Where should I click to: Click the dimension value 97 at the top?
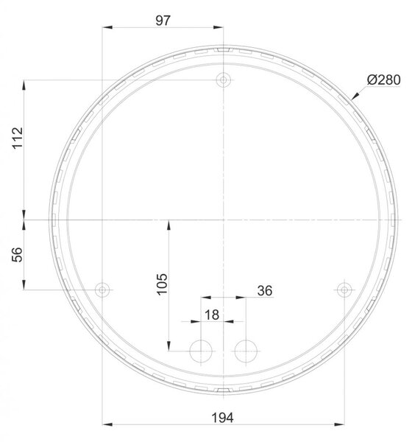pyautogui.click(x=163, y=21)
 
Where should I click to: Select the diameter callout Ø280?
pyautogui.click(x=384, y=80)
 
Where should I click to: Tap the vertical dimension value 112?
pyautogui.click(x=18, y=138)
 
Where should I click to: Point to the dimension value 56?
pyautogui.click(x=17, y=255)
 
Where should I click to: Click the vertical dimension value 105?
pyautogui.click(x=162, y=284)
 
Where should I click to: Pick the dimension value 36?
pyautogui.click(x=265, y=291)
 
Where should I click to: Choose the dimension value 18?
pyautogui.click(x=212, y=315)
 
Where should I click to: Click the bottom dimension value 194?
pyautogui.click(x=222, y=418)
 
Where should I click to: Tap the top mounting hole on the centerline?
pyautogui.click(x=223, y=80)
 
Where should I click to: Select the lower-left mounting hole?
pyautogui.click(x=102, y=290)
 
